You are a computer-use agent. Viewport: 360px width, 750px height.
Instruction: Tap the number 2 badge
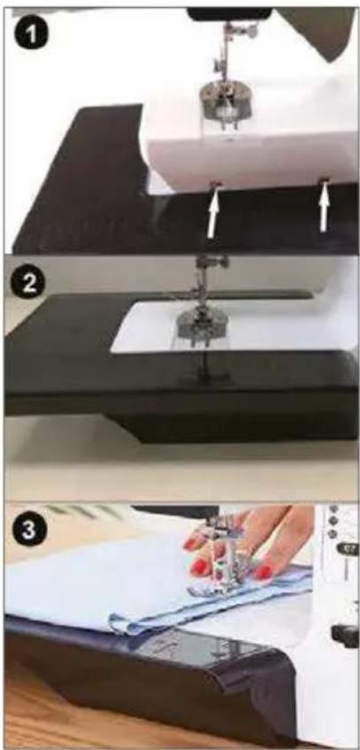coord(27,283)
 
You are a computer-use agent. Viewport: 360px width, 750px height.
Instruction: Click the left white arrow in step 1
coord(214,213)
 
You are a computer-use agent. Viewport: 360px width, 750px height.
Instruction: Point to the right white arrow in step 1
coord(325,208)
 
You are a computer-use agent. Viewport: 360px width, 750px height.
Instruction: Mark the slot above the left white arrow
coord(215,184)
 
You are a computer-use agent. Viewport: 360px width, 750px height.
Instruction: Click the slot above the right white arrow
coord(326,180)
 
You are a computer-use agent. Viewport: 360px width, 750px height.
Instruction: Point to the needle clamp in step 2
coord(211,263)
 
